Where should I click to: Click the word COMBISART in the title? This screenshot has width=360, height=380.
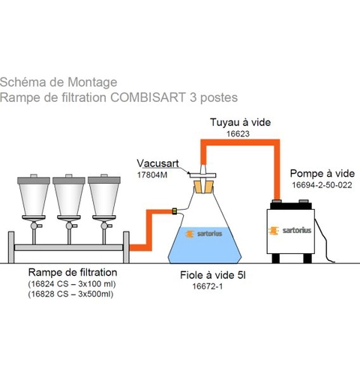pyautogui.click(x=148, y=97)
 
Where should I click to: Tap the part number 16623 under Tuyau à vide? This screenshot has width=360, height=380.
pyautogui.click(x=238, y=134)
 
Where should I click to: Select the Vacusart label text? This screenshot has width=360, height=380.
pyautogui.click(x=157, y=163)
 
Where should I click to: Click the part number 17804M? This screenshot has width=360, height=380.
pyautogui.click(x=152, y=175)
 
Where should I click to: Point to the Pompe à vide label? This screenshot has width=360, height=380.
pyautogui.click(x=322, y=173)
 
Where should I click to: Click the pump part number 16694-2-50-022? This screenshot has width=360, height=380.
pyautogui.click(x=322, y=185)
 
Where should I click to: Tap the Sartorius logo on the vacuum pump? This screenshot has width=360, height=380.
pyautogui.click(x=290, y=230)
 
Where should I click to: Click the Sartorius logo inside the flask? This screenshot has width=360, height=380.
pyautogui.click(x=204, y=234)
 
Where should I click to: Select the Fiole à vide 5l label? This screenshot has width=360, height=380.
pyautogui.click(x=213, y=275)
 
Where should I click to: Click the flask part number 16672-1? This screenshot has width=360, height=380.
pyautogui.click(x=208, y=286)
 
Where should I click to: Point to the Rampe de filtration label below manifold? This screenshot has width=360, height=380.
pyautogui.click(x=73, y=272)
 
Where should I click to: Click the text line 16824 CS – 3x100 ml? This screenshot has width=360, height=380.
pyautogui.click(x=72, y=284)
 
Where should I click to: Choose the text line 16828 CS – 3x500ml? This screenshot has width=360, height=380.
pyautogui.click(x=70, y=294)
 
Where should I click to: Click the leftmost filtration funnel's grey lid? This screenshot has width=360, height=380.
pyautogui.click(x=34, y=180)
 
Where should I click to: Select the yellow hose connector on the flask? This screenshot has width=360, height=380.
pyautogui.click(x=175, y=211)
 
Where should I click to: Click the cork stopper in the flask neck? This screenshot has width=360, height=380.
pyautogui.click(x=204, y=187)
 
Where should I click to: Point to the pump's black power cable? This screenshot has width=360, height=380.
pyautogui.click(x=324, y=241)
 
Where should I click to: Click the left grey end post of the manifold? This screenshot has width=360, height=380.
pyautogui.click(x=11, y=247)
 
